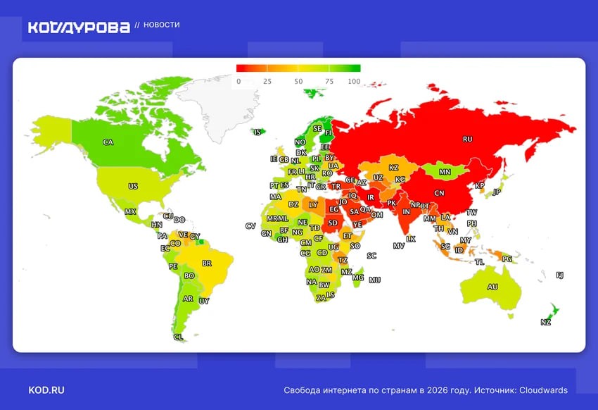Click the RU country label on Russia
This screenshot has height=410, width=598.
click(x=467, y=139)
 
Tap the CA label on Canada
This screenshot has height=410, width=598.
click(x=108, y=142)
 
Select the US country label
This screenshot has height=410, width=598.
click(x=133, y=187)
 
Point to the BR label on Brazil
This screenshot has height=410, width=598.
click(x=207, y=263)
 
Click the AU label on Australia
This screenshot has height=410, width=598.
click(x=492, y=287)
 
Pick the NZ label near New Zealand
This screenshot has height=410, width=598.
click(x=546, y=322)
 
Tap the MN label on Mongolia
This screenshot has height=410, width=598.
click(x=445, y=172)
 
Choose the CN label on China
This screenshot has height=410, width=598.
click(x=439, y=193)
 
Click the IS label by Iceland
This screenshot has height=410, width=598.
click(x=258, y=132)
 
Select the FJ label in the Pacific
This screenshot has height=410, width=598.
click(x=559, y=275)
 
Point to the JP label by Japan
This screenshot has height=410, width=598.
click(x=497, y=192)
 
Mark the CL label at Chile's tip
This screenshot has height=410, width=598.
click(x=178, y=337)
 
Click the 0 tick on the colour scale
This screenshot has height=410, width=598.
click(x=238, y=82)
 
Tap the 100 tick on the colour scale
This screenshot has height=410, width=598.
click(x=354, y=82)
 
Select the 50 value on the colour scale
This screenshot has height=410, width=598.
click(x=298, y=82)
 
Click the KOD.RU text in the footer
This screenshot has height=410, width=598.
click(x=46, y=390)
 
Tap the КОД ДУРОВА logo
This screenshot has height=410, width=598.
click(x=79, y=27)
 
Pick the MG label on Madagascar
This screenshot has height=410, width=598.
click(x=358, y=278)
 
